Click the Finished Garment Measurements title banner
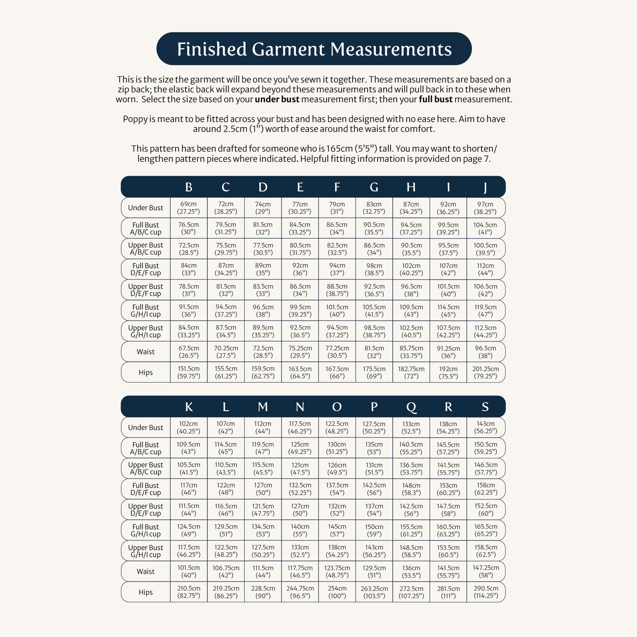click(314, 49)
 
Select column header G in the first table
click(374, 187)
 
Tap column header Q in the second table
click(411, 407)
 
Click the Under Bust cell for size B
click(189, 208)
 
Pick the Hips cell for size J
click(485, 372)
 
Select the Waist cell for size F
click(337, 352)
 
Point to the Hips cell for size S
click(486, 592)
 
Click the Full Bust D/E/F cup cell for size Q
click(411, 489)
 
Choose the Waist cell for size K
click(189, 572)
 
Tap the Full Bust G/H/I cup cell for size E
click(300, 311)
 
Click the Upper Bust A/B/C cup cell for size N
click(300, 468)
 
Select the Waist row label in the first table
click(145, 352)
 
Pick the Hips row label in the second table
click(145, 592)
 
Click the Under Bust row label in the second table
click(145, 428)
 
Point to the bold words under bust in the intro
click(277, 99)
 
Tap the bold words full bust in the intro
click(436, 99)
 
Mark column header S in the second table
click(485, 407)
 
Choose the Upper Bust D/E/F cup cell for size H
click(411, 290)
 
